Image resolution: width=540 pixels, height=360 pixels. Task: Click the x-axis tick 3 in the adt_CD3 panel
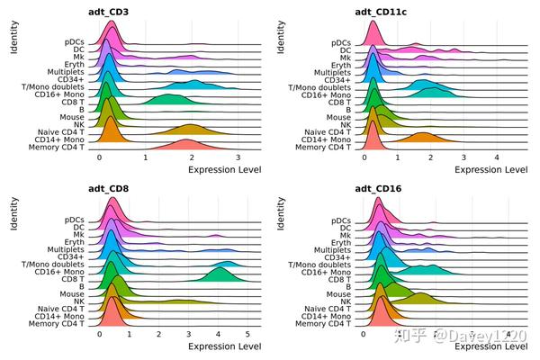click(237, 157)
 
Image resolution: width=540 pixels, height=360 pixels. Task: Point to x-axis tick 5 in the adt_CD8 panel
click(247, 335)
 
